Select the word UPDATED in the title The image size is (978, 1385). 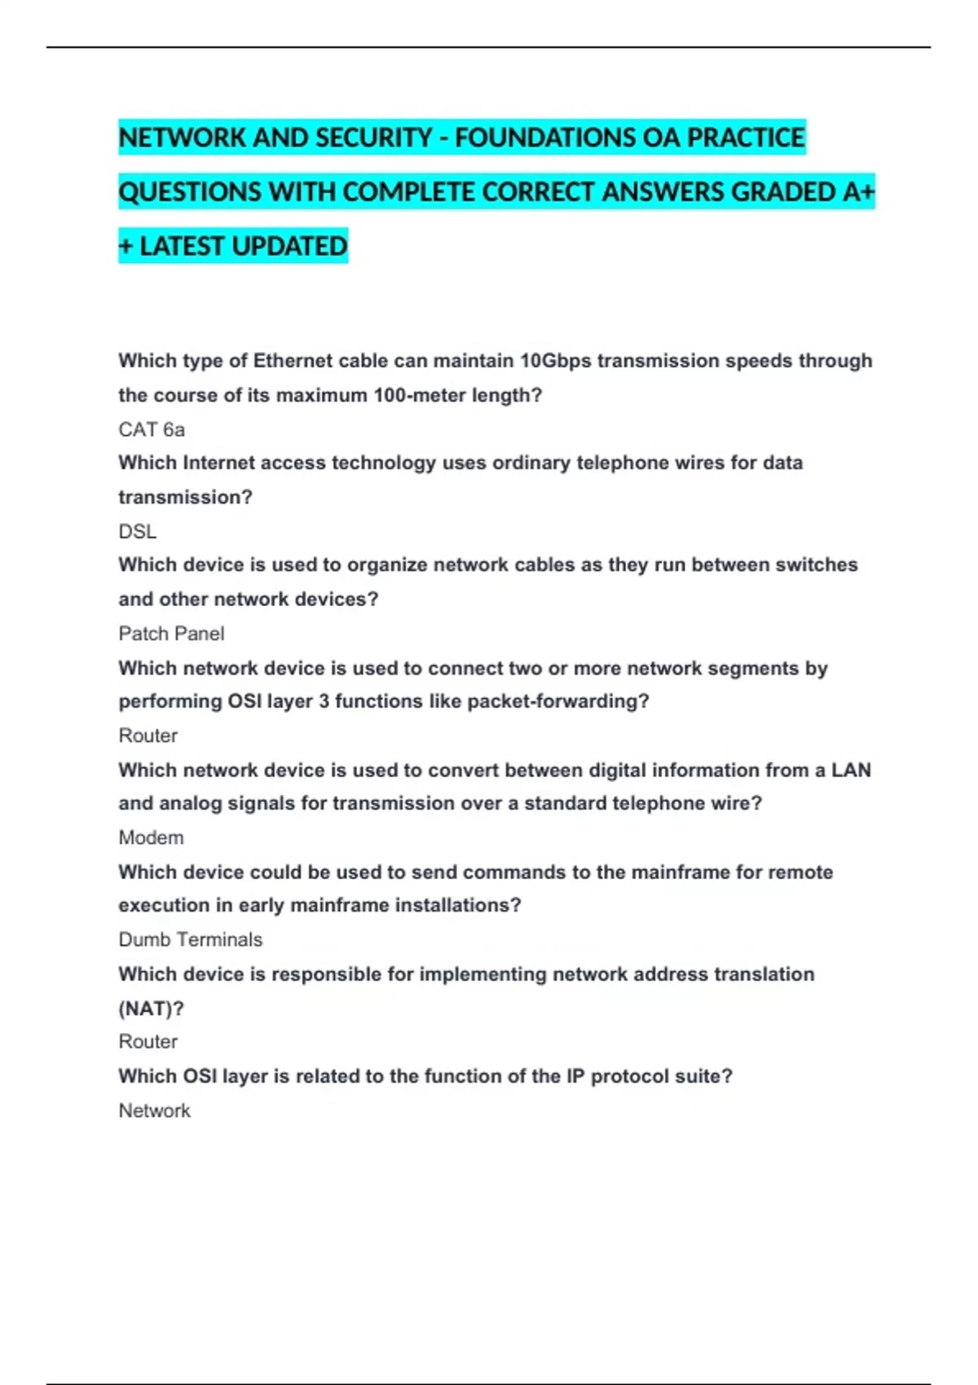tap(290, 246)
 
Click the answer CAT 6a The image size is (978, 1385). tap(152, 429)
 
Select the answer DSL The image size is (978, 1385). tap(137, 532)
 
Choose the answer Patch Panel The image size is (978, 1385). tap(171, 634)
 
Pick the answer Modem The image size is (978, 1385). tap(151, 838)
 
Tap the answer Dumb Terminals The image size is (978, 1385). tap(190, 939)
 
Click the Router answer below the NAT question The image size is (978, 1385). tap(148, 1041)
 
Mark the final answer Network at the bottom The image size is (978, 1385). tap(154, 1110)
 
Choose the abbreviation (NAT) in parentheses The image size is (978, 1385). tap(151, 1009)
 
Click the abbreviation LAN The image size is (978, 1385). tap(851, 770)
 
